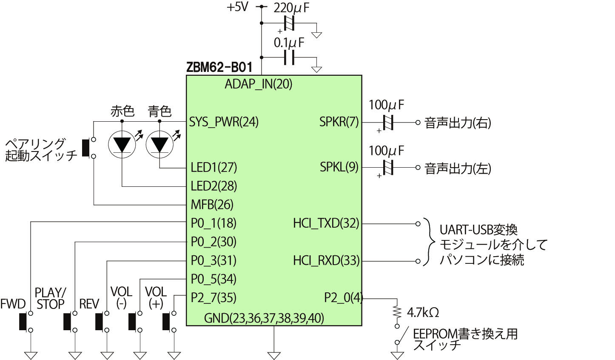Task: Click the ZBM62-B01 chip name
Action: [x=219, y=67]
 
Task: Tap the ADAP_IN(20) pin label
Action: [x=259, y=84]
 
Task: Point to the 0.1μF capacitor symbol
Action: [x=290, y=57]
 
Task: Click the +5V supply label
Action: [x=237, y=7]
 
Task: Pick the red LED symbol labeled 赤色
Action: [x=122, y=144]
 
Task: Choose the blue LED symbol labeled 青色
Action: [x=159, y=144]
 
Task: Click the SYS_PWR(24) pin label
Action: [x=224, y=122]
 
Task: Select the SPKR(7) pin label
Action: [x=339, y=122]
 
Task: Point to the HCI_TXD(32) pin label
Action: [x=326, y=223]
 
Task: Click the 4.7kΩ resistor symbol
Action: [x=397, y=313]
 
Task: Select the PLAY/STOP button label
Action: [x=50, y=299]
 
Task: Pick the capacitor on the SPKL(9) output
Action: [x=387, y=168]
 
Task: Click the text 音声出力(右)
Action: [x=458, y=123]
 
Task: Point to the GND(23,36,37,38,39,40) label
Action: [x=264, y=318]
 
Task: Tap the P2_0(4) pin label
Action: [x=343, y=298]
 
